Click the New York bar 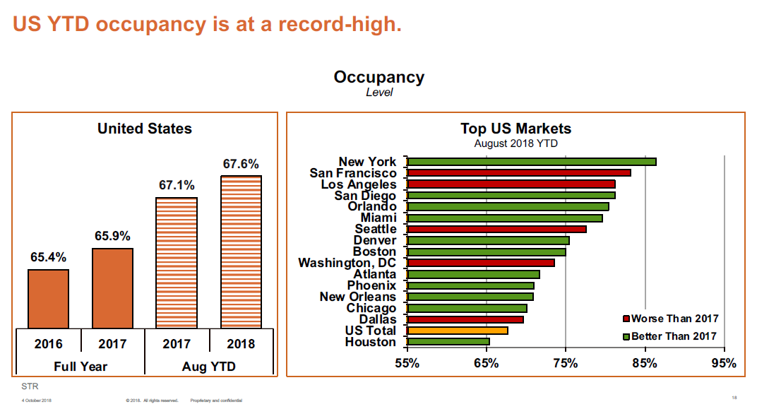(x=532, y=162)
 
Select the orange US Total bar (x=458, y=331)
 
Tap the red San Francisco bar (x=519, y=173)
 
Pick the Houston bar (x=448, y=342)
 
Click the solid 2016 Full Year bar (x=48, y=299)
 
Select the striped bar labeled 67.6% (x=241, y=251)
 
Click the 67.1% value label (x=177, y=185)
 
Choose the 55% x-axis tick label (x=407, y=364)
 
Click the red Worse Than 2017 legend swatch (x=626, y=319)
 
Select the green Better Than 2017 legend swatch (x=626, y=336)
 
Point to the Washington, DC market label (x=347, y=263)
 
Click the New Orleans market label (x=357, y=297)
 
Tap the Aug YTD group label (x=208, y=367)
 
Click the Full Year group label (x=81, y=367)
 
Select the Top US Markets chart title (x=515, y=129)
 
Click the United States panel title (x=144, y=129)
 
